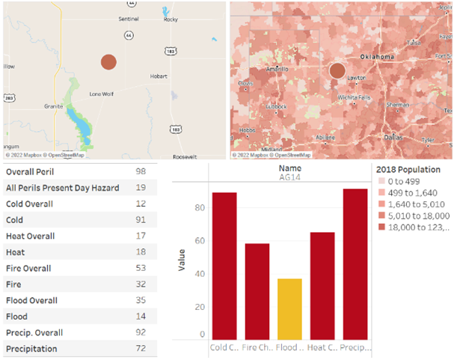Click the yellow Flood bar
point(290,309)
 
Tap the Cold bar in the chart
point(224,266)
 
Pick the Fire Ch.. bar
point(257,291)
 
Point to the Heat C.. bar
point(322,286)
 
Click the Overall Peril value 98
point(141,171)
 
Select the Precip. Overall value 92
point(141,332)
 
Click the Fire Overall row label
point(28,268)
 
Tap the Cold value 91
point(141,220)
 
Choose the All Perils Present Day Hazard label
point(60,188)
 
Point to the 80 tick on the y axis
point(200,207)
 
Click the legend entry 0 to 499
point(405,182)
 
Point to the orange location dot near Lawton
point(337,71)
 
